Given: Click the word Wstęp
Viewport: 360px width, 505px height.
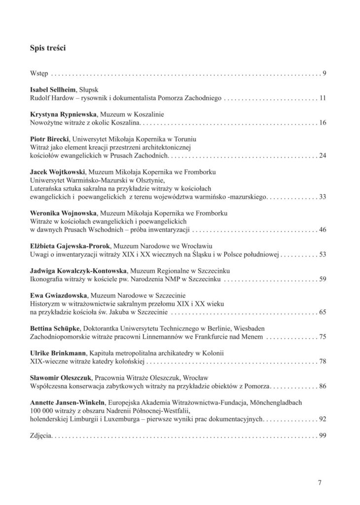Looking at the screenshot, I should click(x=39, y=74).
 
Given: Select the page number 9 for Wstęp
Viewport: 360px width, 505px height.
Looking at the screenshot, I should click(x=324, y=74).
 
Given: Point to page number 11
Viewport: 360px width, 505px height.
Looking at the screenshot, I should click(x=323, y=98).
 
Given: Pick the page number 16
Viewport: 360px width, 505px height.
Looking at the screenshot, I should click(x=323, y=122).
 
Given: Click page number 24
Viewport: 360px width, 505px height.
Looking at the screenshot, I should click(x=323, y=156).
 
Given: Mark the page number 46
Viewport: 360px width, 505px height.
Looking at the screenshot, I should click(x=323, y=230).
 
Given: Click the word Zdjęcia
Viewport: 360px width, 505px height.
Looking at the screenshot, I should click(x=41, y=436).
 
